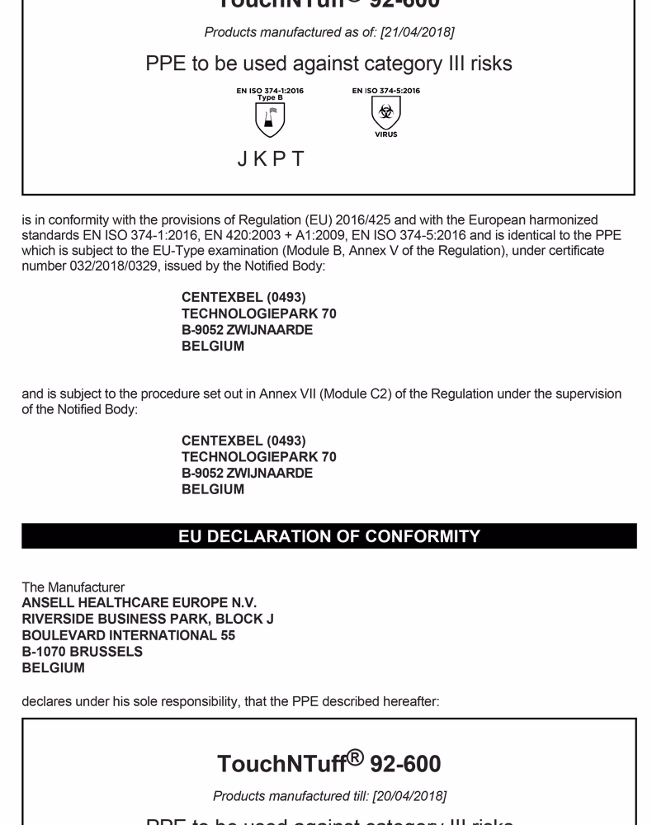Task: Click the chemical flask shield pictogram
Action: pyautogui.click(x=270, y=120)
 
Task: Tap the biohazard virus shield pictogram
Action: pyautogui.click(x=385, y=113)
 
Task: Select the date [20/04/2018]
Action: pyautogui.click(x=411, y=796)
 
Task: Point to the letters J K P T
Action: pyautogui.click(x=271, y=159)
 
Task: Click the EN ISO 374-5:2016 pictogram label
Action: pyautogui.click(x=385, y=91)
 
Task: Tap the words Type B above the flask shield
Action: pyautogui.click(x=270, y=97)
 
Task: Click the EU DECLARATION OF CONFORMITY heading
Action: pyautogui.click(x=329, y=536)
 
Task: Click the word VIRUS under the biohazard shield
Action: pyautogui.click(x=385, y=134)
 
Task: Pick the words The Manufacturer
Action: pyautogui.click(x=73, y=587)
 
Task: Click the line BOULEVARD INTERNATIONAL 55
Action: pyautogui.click(x=129, y=635)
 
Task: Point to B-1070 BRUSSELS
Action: pyautogui.click(x=83, y=652)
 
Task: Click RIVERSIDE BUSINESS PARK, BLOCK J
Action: pyautogui.click(x=148, y=620)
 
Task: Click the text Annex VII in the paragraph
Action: pyautogui.click(x=286, y=394)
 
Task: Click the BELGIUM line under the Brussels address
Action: pyautogui.click(x=54, y=668)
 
